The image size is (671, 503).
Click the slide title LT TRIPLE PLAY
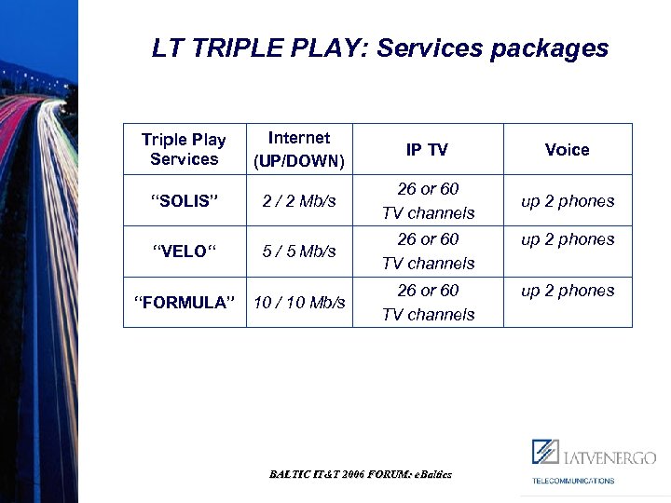click(x=379, y=48)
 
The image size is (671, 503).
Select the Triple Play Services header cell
click(x=184, y=149)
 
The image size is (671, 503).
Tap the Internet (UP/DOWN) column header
click(x=299, y=149)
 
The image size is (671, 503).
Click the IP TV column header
click(x=427, y=149)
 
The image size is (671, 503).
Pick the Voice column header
click(x=567, y=149)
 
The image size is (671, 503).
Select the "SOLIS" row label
click(x=184, y=201)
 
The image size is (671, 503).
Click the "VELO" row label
click(x=184, y=251)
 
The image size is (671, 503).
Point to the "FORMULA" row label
click(x=184, y=302)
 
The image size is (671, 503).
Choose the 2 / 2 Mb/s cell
click(x=299, y=201)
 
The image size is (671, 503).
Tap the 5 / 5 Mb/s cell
click(x=299, y=251)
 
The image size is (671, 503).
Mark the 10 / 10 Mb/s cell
click(x=299, y=302)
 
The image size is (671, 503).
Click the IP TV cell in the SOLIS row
click(x=428, y=201)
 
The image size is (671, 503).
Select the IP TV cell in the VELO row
click(x=428, y=251)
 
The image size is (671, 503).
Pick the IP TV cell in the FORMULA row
click(x=428, y=302)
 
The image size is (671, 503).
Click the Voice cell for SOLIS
click(x=568, y=201)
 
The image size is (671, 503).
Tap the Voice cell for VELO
click(x=568, y=239)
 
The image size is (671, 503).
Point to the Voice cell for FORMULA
click(x=568, y=291)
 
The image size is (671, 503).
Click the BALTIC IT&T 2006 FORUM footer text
click(x=361, y=474)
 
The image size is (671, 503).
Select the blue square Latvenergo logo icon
click(x=545, y=452)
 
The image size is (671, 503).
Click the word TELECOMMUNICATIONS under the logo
click(x=573, y=481)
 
